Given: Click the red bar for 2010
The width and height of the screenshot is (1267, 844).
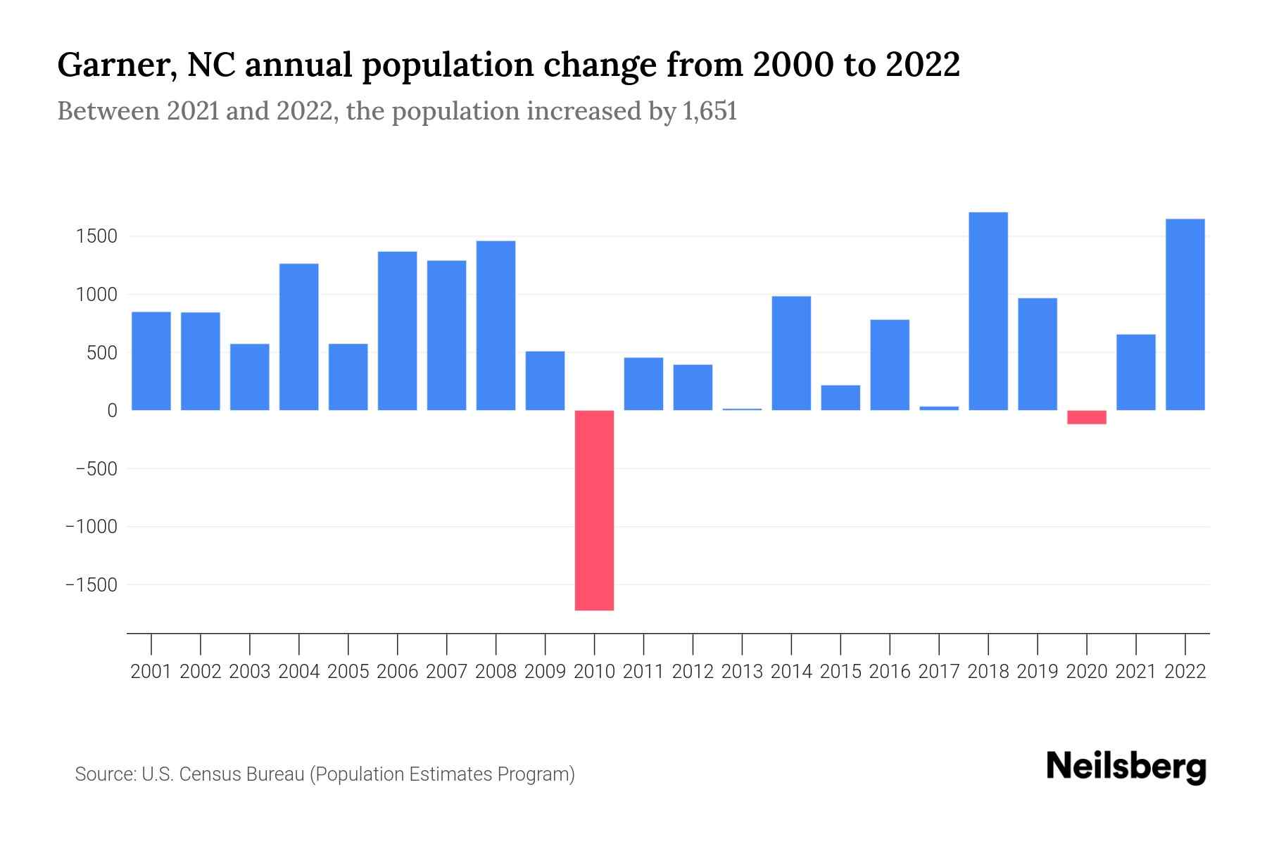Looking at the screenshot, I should (594, 510).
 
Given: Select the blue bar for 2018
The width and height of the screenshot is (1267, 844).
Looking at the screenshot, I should (988, 311).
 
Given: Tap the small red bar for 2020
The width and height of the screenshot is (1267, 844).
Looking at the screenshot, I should (1087, 417).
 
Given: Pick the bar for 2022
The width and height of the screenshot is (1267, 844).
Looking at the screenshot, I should (1185, 314).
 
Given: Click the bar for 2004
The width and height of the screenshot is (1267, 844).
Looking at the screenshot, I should (299, 337).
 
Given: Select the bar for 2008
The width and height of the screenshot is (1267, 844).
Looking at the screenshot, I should (496, 326).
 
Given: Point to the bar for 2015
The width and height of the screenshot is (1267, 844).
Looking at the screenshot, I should (840, 397).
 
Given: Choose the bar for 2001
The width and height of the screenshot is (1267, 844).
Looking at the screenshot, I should (151, 361).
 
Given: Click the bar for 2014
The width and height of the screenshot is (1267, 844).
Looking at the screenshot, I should (791, 353).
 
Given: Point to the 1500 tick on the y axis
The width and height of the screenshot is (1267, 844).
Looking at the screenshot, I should (96, 236).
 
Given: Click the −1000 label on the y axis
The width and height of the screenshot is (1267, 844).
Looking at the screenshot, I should (91, 527).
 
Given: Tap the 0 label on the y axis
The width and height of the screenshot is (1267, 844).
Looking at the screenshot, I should (111, 411).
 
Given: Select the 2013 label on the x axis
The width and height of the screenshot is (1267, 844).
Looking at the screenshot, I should (742, 672).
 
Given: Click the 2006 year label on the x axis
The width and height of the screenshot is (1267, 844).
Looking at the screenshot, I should (397, 672).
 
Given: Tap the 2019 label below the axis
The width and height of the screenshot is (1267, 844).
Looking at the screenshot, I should (1038, 672).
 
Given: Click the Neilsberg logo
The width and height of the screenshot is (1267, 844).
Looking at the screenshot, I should (1126, 767).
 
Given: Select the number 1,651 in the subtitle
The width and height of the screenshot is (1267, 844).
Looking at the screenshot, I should (710, 112).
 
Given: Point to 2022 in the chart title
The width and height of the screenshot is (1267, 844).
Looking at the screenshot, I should (922, 65).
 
